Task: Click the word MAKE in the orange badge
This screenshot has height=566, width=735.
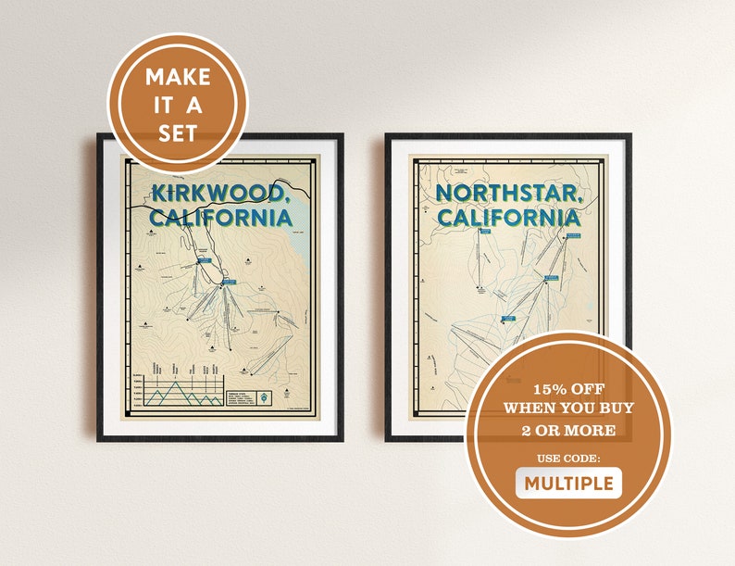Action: point(177,77)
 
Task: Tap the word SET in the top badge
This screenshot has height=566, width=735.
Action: point(177,132)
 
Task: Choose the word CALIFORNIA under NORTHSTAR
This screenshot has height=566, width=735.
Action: point(509,219)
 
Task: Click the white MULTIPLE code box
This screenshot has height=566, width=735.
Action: point(568,483)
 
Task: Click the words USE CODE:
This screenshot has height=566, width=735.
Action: point(568,458)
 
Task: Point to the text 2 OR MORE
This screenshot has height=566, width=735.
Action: point(568,430)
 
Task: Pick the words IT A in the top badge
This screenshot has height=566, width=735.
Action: point(177,105)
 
